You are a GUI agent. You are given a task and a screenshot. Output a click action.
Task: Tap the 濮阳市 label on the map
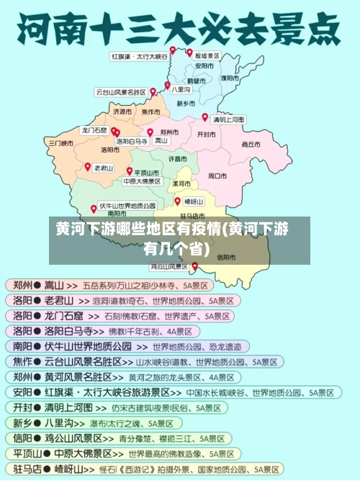[230, 78]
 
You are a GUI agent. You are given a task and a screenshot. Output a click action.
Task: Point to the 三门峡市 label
[61, 142]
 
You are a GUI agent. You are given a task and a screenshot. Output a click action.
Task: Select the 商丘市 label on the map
[251, 144]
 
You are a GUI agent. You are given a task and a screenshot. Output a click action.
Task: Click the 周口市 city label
[217, 175]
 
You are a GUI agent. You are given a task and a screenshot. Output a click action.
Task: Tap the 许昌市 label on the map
[178, 158]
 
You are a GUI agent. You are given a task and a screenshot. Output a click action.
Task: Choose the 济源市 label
[122, 112]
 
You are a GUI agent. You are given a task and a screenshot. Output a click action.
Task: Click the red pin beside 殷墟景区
[190, 53]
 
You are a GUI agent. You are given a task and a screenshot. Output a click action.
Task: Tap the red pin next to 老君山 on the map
[88, 166]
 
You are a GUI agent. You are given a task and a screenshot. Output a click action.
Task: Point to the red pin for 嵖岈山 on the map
[177, 201]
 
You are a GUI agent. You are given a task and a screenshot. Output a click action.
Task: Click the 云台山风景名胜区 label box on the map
[121, 92]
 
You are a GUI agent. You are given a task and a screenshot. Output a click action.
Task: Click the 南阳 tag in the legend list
[22, 346]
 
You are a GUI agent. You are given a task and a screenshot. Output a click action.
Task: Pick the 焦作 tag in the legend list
[22, 361]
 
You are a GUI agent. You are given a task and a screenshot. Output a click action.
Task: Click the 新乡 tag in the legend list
[22, 422]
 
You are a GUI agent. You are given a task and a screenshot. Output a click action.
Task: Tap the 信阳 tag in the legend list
[22, 437]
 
